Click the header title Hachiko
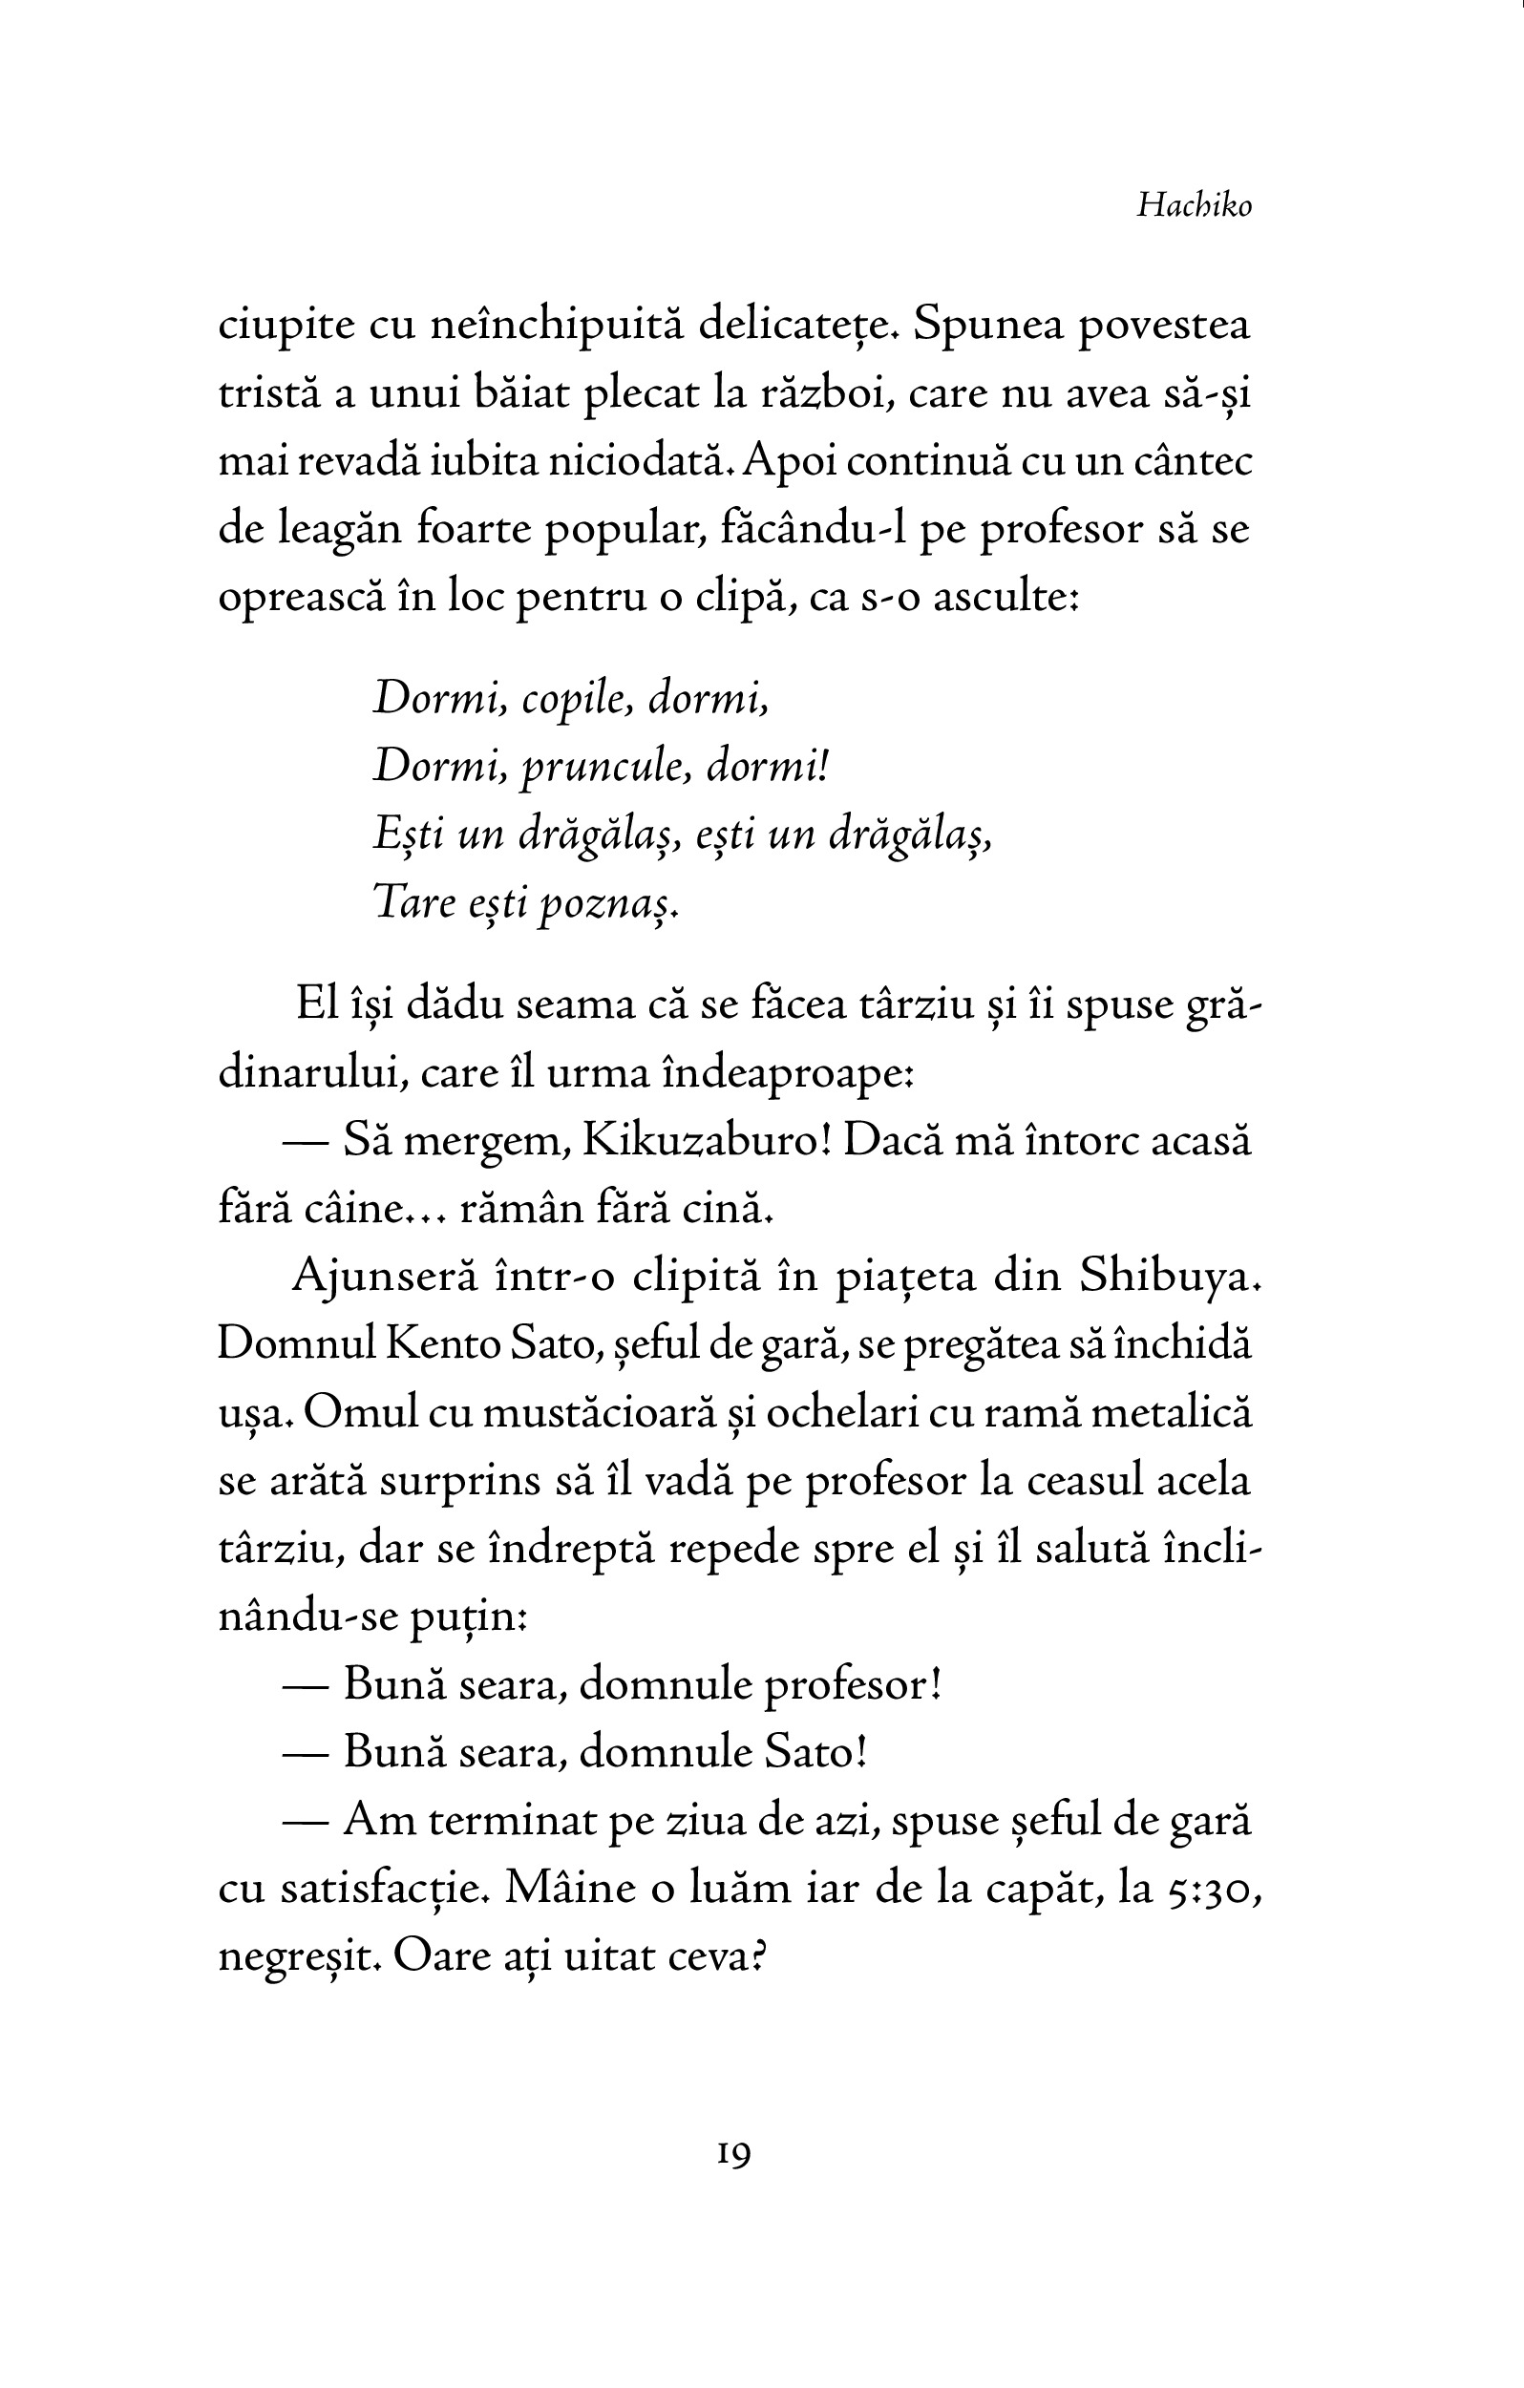click(x=1194, y=205)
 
